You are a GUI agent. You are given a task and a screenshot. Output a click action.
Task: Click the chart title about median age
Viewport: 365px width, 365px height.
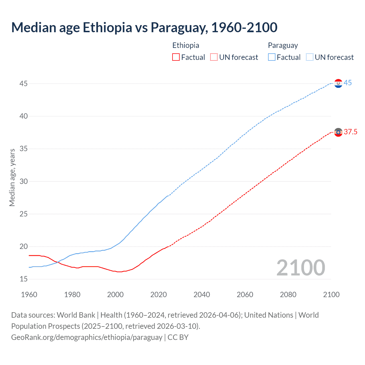coord(144,28)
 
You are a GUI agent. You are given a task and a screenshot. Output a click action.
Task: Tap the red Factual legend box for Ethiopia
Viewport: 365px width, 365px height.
coord(176,57)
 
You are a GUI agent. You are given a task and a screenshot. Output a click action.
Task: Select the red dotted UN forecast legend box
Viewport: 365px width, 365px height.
coord(214,57)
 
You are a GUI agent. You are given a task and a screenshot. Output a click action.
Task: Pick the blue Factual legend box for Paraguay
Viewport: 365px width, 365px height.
coord(272,57)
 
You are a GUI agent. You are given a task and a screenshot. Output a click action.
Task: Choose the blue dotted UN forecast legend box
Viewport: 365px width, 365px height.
coord(309,57)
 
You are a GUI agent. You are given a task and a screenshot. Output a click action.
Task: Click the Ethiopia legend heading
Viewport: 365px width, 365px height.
coord(186,45)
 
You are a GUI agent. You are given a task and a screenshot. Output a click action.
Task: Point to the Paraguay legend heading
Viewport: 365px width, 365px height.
coord(283,45)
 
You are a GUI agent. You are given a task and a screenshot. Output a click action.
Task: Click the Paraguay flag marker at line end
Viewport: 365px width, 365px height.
coord(338,83)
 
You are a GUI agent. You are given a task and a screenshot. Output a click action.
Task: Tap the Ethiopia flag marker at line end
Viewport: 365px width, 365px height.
coord(338,132)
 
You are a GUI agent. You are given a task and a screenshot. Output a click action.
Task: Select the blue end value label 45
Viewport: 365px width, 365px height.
coord(348,83)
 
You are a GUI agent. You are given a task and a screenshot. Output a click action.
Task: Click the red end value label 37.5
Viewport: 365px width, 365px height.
coord(350,132)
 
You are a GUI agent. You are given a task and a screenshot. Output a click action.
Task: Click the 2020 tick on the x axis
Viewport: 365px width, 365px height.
coord(159,295)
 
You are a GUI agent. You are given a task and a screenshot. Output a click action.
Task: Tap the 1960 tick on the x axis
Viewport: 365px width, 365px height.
coord(29,295)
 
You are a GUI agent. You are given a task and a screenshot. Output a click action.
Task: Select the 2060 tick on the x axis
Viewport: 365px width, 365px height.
coord(245,295)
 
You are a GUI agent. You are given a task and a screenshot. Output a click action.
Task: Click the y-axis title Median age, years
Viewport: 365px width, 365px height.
coord(12,177)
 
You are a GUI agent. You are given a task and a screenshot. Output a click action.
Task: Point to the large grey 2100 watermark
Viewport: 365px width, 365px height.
coord(301,268)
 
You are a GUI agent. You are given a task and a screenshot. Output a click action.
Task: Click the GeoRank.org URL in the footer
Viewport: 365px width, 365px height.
coord(87,337)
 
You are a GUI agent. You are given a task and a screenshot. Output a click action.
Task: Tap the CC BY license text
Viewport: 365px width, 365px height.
coord(178,337)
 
